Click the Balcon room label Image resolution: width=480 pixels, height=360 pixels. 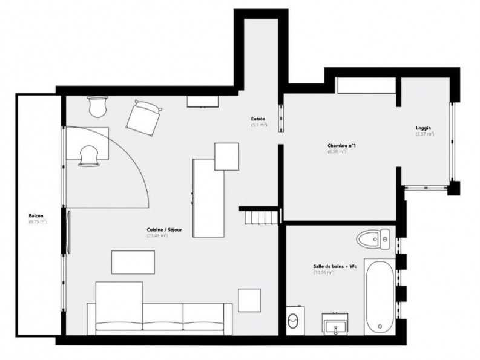pyautogui.click(x=36, y=216)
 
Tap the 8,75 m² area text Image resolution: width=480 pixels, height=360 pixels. pyautogui.click(x=38, y=222)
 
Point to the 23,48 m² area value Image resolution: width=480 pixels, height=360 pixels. pyautogui.click(x=157, y=235)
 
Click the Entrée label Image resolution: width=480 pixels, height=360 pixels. pyautogui.click(x=259, y=119)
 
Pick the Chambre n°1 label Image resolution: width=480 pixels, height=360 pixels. pyautogui.click(x=337, y=146)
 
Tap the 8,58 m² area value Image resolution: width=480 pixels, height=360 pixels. pyautogui.click(x=337, y=152)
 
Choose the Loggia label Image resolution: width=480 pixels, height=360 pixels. pyautogui.click(x=424, y=128)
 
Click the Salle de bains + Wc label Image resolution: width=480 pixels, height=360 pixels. pyautogui.click(x=335, y=266)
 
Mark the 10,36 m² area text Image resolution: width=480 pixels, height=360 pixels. pyautogui.click(x=324, y=273)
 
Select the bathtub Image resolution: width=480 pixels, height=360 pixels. pyautogui.click(x=378, y=296)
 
